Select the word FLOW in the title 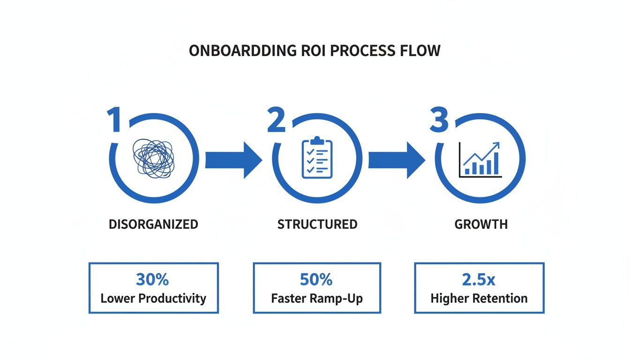(x=419, y=51)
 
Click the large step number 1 (x=115, y=120)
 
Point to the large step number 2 (x=277, y=120)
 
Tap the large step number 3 (x=440, y=120)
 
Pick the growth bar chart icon (x=480, y=159)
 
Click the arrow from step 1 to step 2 (x=233, y=159)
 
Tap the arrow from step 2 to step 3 (x=396, y=159)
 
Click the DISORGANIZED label (x=153, y=224)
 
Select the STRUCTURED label (x=317, y=224)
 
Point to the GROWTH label (x=481, y=224)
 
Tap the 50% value (x=316, y=279)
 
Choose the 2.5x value (x=479, y=279)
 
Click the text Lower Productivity (x=153, y=298)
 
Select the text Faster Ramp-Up (x=317, y=298)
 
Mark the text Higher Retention (x=479, y=298)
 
